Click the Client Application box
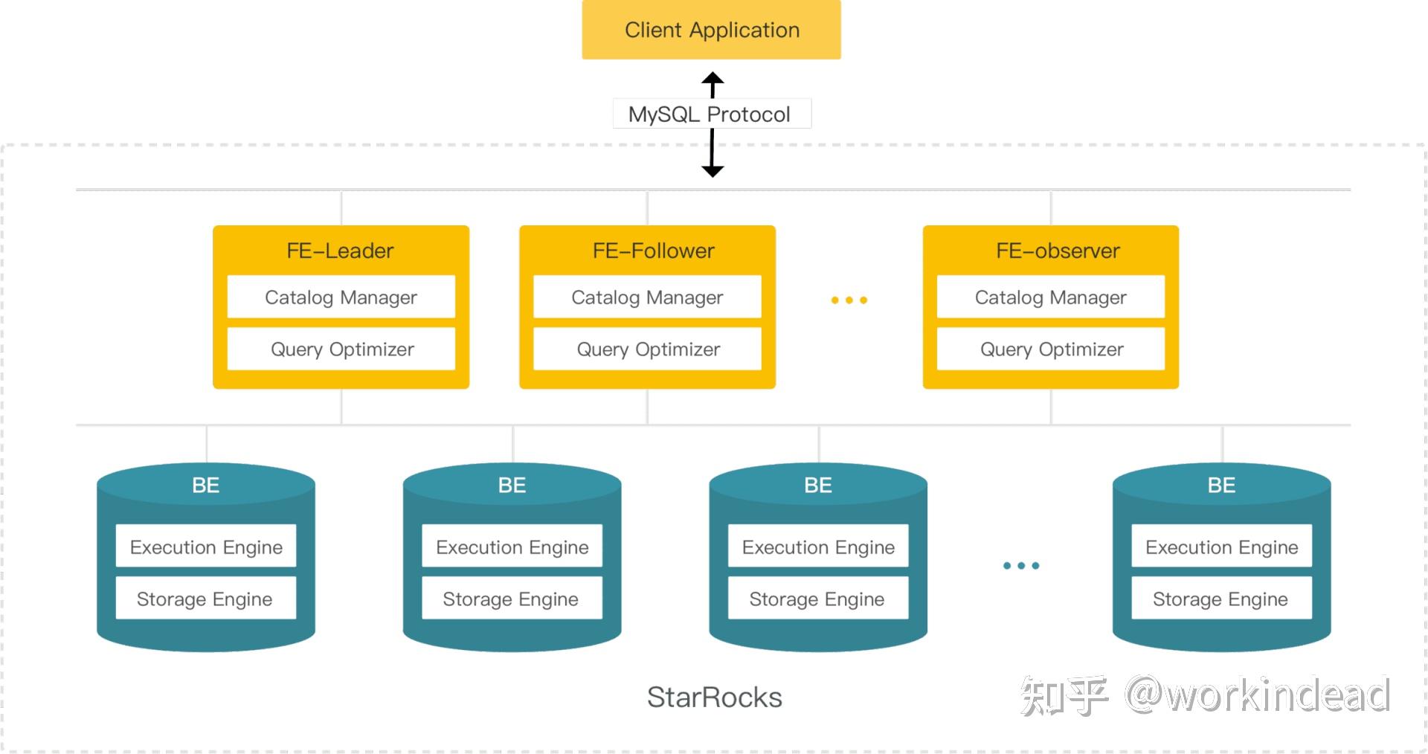click(x=711, y=30)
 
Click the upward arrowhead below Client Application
click(x=713, y=78)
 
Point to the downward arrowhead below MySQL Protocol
click(x=713, y=171)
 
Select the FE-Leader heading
click(x=340, y=251)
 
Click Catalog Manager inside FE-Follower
click(x=647, y=297)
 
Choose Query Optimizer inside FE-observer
click(x=1051, y=349)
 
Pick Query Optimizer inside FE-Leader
click(x=341, y=349)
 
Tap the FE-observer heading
click(x=1057, y=251)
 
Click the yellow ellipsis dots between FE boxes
click(x=849, y=300)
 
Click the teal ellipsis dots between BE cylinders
click(x=1020, y=566)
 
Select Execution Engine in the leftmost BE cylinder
click(x=206, y=547)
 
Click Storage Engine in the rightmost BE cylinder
click(x=1220, y=599)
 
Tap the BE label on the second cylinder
click(x=512, y=486)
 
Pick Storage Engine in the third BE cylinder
click(x=817, y=599)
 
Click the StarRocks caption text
click(x=714, y=697)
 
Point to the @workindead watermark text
click(x=1257, y=696)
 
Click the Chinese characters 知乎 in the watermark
click(x=1064, y=696)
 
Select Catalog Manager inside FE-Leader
click(x=341, y=297)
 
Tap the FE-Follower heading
click(x=653, y=251)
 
